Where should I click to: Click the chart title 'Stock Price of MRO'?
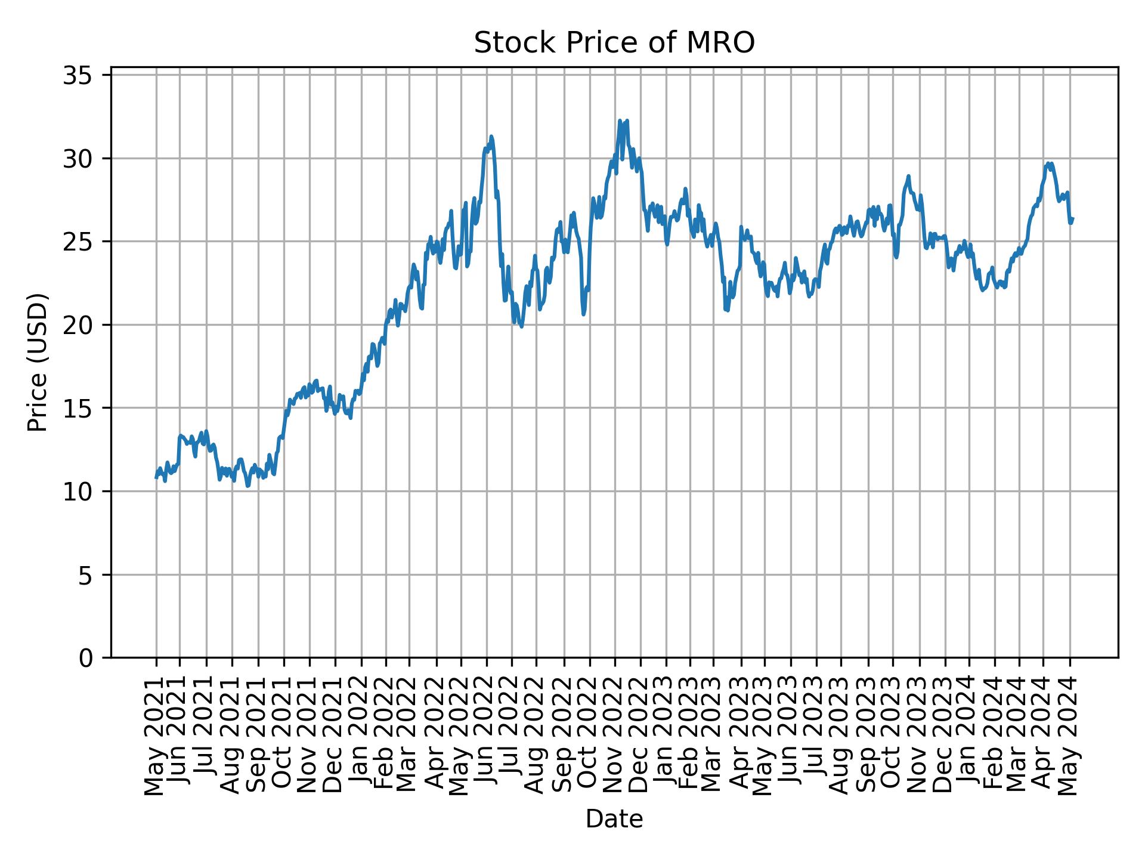click(x=614, y=44)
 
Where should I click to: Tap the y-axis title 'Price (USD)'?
click(x=38, y=362)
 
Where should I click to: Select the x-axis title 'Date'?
click(x=614, y=819)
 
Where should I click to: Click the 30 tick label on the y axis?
click(x=78, y=159)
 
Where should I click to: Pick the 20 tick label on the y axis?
click(x=78, y=325)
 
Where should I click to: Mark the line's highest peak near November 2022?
click(x=620, y=120)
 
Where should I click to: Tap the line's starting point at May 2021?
click(x=156, y=477)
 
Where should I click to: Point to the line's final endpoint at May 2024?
click(x=1072, y=219)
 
